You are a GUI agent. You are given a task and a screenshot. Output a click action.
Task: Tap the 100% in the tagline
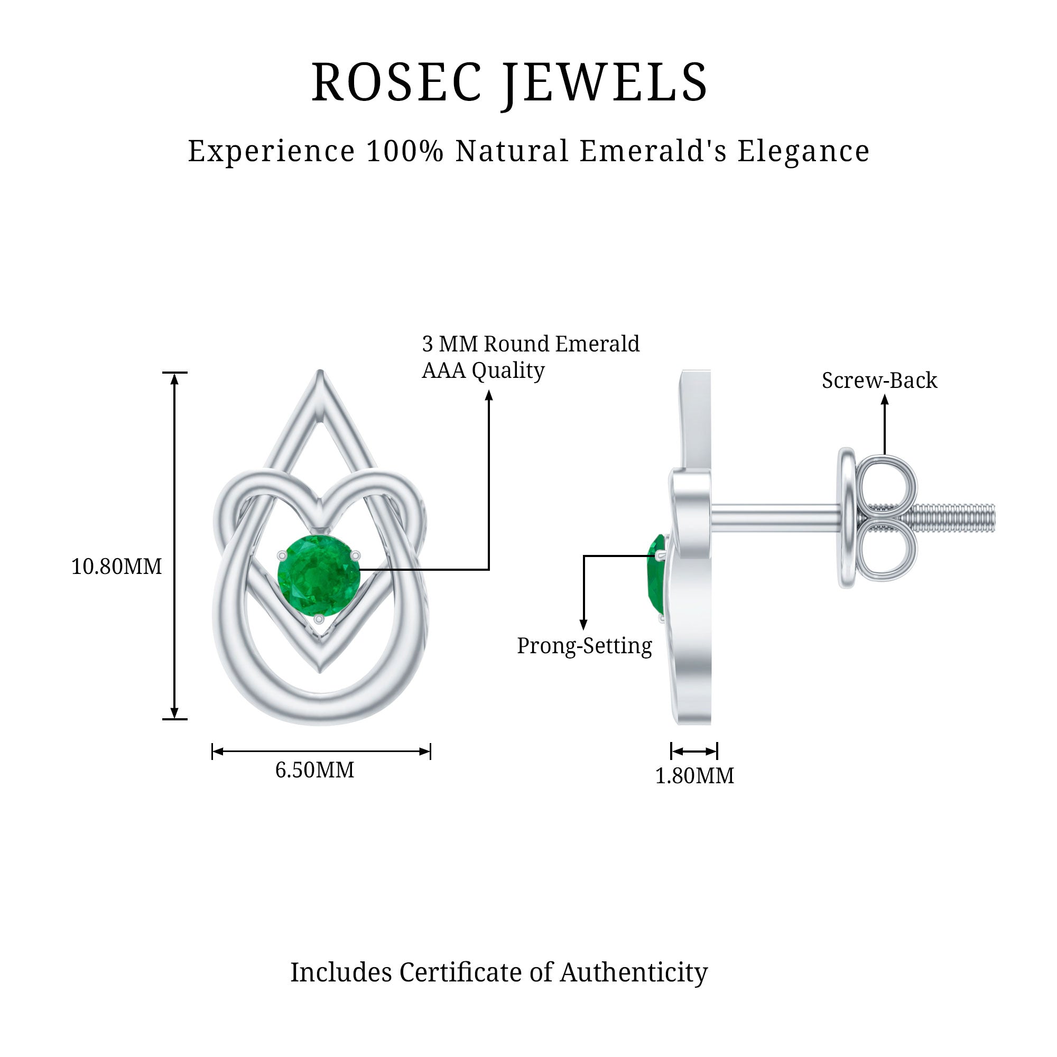tap(404, 151)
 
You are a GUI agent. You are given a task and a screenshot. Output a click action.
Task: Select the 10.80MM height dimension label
tap(116, 567)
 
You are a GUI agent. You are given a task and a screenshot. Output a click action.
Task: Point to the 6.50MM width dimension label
tap(314, 771)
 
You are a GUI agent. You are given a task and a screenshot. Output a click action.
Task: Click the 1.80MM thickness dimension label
tap(694, 776)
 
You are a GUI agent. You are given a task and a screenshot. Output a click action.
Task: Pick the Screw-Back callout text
tap(879, 381)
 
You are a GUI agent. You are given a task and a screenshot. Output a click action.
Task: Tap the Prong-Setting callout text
tap(585, 646)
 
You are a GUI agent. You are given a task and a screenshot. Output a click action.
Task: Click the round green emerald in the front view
tap(319, 576)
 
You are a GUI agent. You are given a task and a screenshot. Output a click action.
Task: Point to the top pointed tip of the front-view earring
tap(320, 375)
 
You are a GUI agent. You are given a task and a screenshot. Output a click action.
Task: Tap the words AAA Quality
tap(483, 371)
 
